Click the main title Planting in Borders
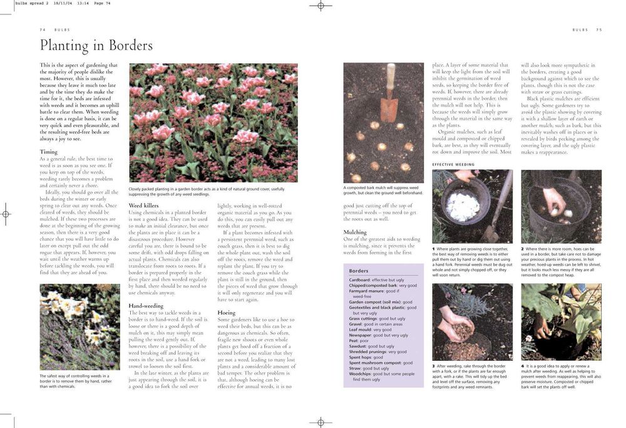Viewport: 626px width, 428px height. tap(96, 46)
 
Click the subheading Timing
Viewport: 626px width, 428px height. tap(49, 152)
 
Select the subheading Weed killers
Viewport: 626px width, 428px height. tap(143, 206)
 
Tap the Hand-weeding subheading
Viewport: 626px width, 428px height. tap(146, 306)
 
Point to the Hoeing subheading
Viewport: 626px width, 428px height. tap(227, 312)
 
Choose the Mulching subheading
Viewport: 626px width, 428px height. tap(355, 232)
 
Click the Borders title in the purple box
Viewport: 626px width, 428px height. tap(359, 271)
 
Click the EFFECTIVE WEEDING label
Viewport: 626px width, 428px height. tap(454, 164)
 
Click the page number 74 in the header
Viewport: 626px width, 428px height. tap(43, 29)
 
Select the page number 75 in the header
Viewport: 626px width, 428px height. tap(598, 29)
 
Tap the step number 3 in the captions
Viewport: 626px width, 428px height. tap(434, 366)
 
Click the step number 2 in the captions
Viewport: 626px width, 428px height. tap(523, 249)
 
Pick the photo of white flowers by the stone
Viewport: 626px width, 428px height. tap(80, 326)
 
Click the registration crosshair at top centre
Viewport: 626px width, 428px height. tap(321, 6)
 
